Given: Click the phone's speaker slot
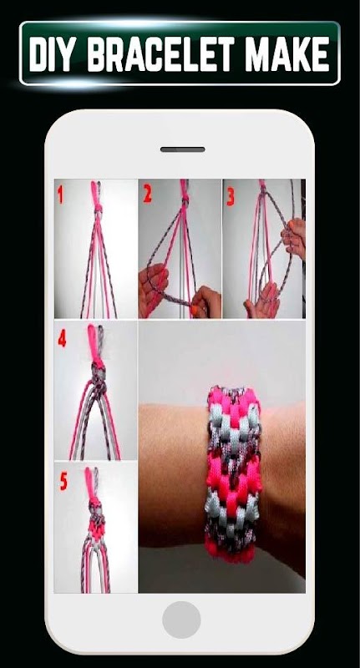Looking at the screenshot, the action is (182, 149).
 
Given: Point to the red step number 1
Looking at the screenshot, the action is (60, 195).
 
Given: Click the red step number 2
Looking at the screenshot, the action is (147, 194).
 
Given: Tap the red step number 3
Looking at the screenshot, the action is (231, 197).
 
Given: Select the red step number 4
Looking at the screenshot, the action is (62, 338).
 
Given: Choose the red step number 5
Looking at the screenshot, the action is (63, 482).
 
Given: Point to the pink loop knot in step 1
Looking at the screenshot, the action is (97, 196).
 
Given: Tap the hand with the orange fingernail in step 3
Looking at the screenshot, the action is (293, 239).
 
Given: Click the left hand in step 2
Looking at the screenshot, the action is (153, 287).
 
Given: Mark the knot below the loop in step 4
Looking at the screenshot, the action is (98, 378).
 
